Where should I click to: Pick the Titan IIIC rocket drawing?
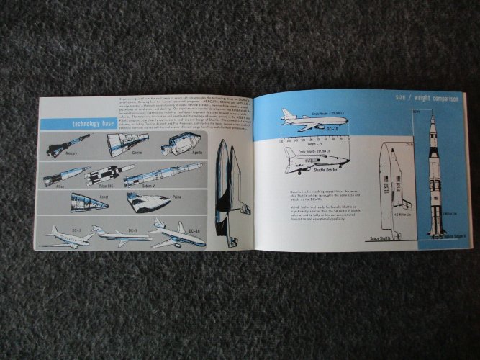[x=111, y=175]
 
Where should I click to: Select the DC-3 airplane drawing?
[x=68, y=236]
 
